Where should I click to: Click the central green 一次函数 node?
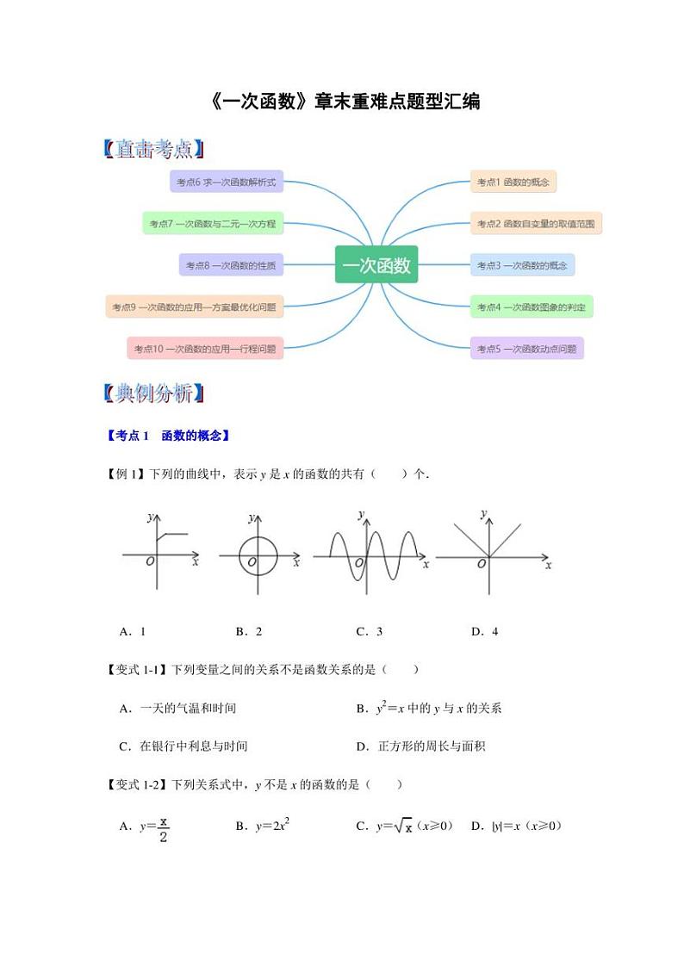pos(376,265)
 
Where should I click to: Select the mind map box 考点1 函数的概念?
pos(513,182)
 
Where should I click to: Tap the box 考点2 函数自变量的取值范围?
pos(536,224)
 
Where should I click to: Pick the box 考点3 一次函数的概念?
pos(522,265)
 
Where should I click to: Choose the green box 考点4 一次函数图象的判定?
pos(532,307)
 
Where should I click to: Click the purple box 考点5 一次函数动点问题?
pos(526,349)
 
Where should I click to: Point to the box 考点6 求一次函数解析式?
pos(227,182)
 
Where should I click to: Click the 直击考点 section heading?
pos(153,149)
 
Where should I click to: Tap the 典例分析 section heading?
pos(153,394)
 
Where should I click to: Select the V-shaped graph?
pos(488,542)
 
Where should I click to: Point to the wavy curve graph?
pos(366,551)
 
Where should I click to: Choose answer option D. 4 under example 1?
pos(484,631)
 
